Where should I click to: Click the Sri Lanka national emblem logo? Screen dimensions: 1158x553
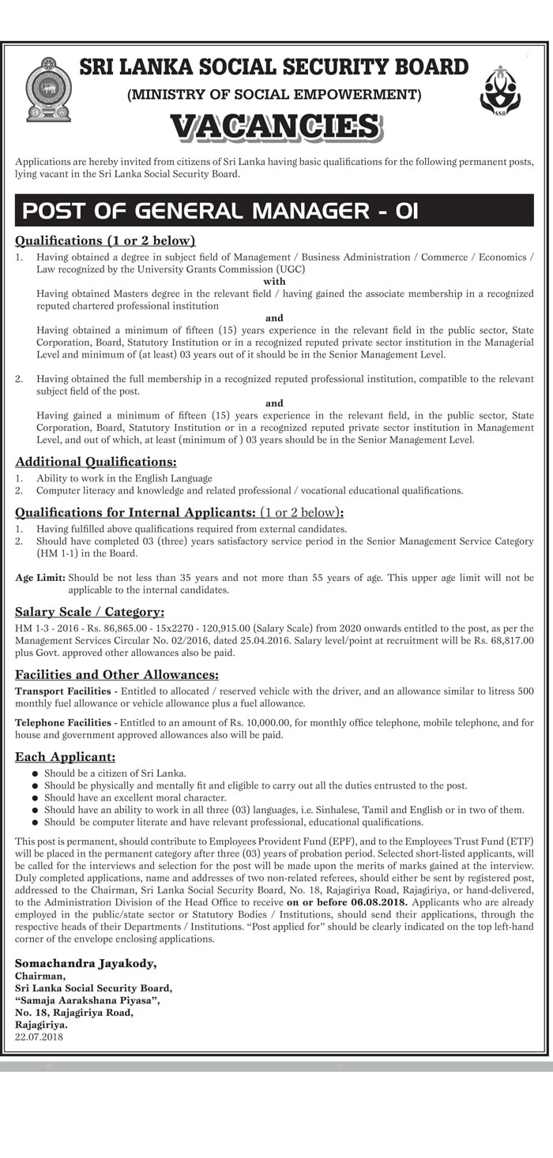coord(47,88)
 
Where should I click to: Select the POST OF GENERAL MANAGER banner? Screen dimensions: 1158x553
coord(220,212)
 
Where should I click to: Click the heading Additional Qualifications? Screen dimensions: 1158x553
coord(96,461)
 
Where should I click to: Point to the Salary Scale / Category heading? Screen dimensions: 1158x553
coord(89,611)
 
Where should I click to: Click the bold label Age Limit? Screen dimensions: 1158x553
coord(40,578)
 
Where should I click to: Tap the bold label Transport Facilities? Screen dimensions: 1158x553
coord(65,691)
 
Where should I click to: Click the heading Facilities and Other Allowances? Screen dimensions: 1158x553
coord(117,675)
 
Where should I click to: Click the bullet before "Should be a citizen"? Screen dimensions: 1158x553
coord(35,774)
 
